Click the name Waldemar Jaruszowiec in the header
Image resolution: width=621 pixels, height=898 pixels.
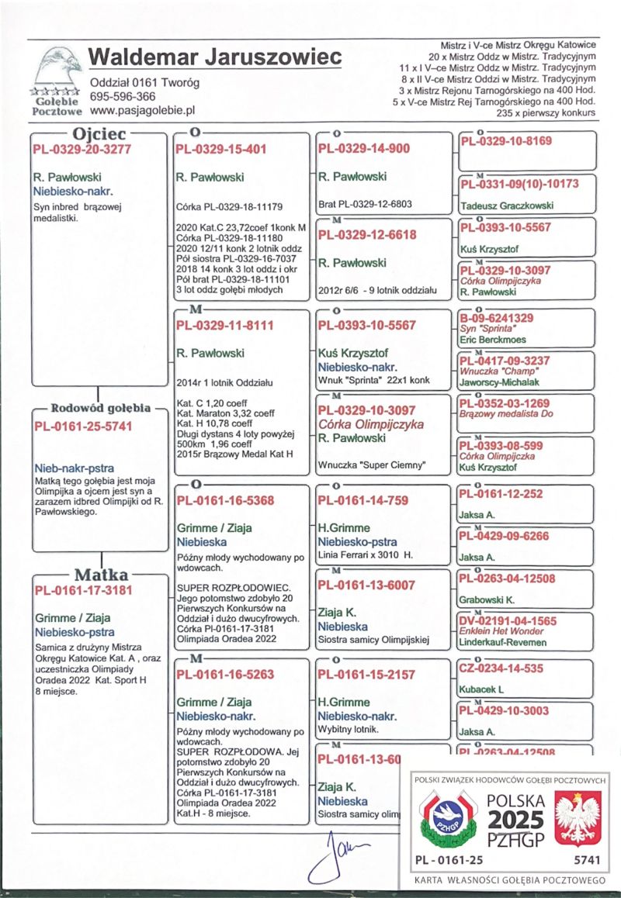click(215, 57)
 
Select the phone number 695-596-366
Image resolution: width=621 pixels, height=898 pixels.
click(123, 97)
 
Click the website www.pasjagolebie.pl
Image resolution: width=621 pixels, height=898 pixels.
click(142, 112)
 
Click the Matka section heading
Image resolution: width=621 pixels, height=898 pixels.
click(100, 575)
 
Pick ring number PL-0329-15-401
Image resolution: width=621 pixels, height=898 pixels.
click(221, 148)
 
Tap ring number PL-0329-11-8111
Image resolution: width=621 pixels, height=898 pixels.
click(224, 326)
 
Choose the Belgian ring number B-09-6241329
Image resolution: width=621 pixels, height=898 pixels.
click(496, 318)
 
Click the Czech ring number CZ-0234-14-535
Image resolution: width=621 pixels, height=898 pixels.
click(501, 668)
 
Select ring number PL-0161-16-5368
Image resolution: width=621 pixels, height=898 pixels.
click(224, 501)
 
